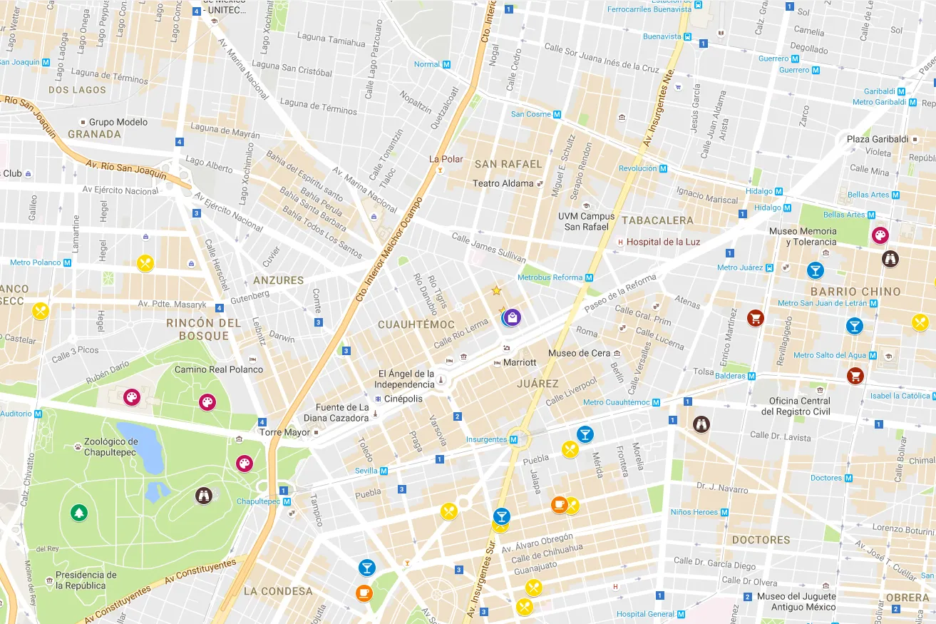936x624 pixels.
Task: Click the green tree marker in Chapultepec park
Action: click(x=78, y=513)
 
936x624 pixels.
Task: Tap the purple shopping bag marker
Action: click(x=512, y=317)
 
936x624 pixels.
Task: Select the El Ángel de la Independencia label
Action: click(x=406, y=379)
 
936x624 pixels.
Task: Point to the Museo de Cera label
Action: click(x=580, y=354)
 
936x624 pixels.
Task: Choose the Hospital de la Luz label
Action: click(x=663, y=242)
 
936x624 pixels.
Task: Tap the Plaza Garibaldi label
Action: click(x=877, y=139)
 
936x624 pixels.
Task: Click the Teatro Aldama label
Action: click(x=503, y=183)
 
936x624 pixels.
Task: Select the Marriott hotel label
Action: click(x=519, y=362)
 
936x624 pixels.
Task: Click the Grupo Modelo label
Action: click(x=118, y=122)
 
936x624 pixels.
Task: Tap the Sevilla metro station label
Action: click(x=366, y=471)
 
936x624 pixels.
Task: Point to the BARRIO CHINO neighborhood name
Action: click(x=855, y=292)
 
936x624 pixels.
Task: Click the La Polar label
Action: click(x=446, y=159)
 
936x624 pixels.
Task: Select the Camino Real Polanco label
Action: click(x=219, y=369)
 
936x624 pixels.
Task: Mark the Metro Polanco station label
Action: click(x=36, y=262)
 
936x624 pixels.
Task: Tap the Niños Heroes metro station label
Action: click(x=694, y=512)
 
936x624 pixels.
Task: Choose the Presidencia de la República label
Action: click(x=86, y=580)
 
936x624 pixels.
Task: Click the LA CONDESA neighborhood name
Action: click(x=278, y=591)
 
